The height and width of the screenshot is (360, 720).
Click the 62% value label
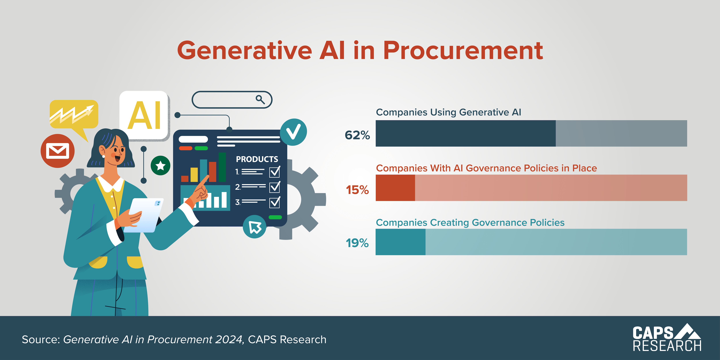[x=357, y=135]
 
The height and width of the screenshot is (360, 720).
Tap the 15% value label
[x=357, y=190]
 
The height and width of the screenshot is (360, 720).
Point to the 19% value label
[x=357, y=243]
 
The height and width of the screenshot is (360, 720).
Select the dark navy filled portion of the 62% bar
[x=465, y=133]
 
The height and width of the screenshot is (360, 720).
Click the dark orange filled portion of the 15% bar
[x=395, y=188]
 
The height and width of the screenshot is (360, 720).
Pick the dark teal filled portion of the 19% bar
[x=400, y=242]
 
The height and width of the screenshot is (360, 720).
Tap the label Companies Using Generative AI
[x=448, y=112]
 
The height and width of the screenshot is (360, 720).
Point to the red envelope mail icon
[x=58, y=151]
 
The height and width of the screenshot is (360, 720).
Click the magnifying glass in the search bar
[x=260, y=99]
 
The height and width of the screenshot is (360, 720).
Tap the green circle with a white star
[x=160, y=165]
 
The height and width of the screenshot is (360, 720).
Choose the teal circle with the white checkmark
[x=293, y=132]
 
